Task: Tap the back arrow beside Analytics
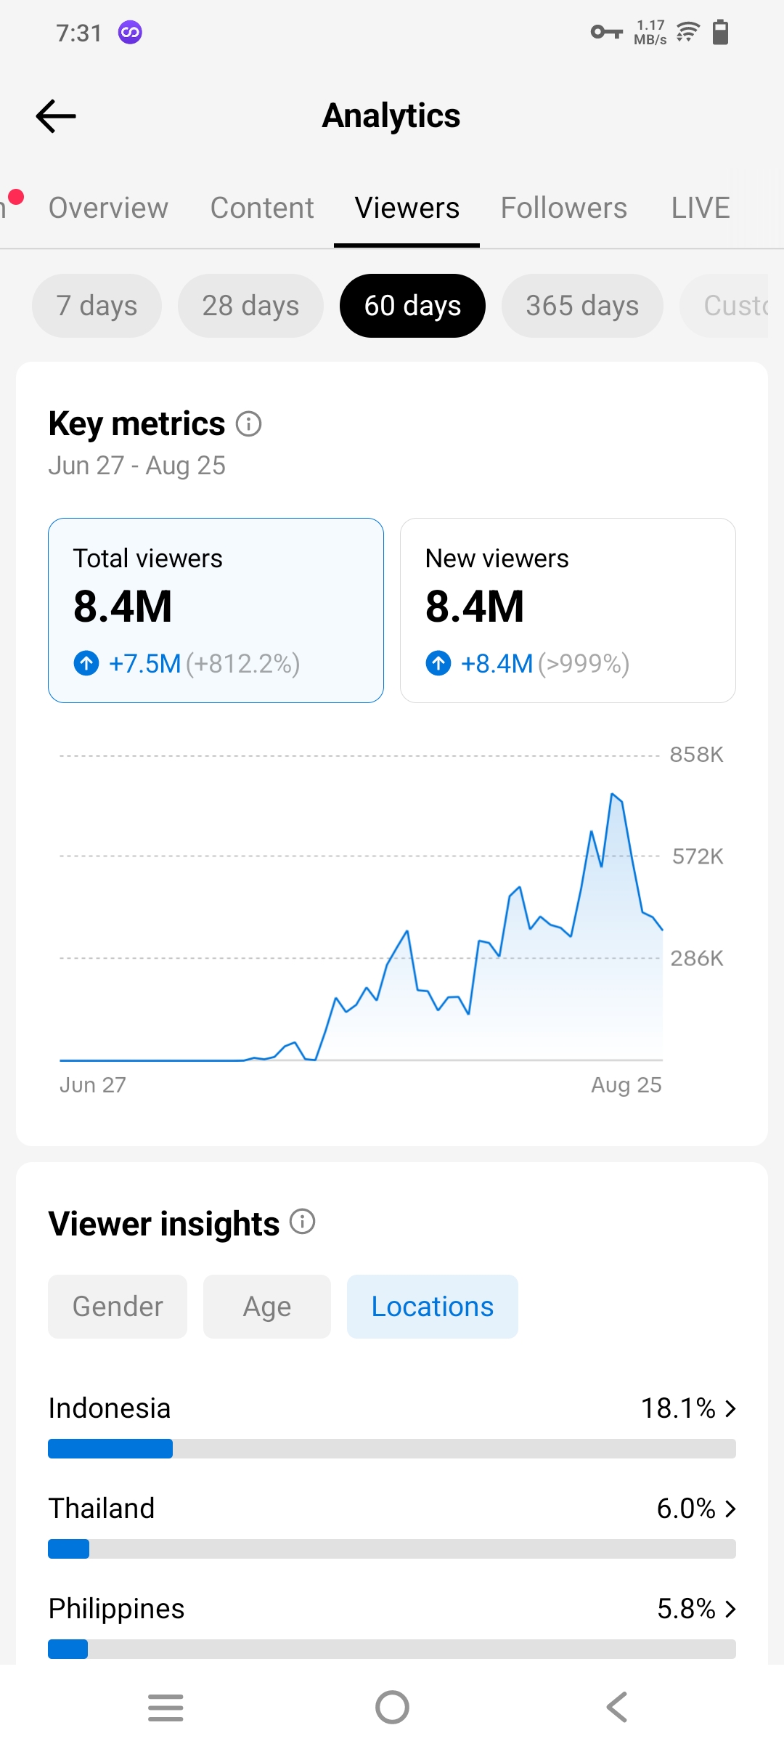point(56,116)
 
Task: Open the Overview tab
point(108,208)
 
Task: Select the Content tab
point(262,208)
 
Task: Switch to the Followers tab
point(564,208)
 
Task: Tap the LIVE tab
point(701,208)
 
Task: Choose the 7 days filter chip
point(97,306)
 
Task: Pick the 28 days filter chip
point(250,306)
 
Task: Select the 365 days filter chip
point(582,306)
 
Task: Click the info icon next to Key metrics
point(249,423)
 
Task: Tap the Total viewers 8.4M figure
point(123,606)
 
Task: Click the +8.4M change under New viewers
point(497,664)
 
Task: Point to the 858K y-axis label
point(697,755)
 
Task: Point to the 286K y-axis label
point(697,959)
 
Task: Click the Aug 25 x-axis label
point(626,1085)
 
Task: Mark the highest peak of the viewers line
point(613,794)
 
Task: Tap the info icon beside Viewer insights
point(303,1222)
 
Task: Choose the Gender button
point(118,1307)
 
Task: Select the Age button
point(267,1307)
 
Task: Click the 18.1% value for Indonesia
point(678,1408)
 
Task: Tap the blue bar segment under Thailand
point(69,1549)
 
